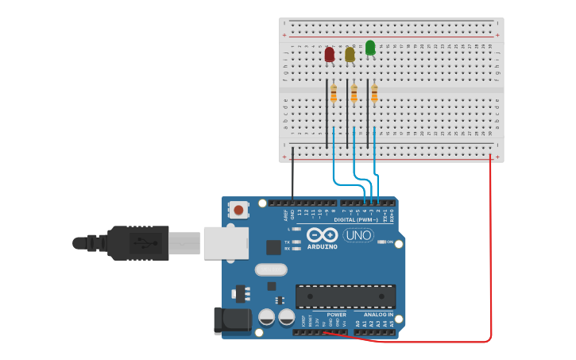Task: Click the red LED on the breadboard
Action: (329, 54)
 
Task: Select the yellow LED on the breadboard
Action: (350, 54)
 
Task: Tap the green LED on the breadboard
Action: (370, 48)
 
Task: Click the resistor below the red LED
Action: (334, 94)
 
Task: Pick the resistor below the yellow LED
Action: (354, 94)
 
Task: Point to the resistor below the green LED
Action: (374, 94)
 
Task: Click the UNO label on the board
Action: (358, 235)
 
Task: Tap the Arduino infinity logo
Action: (322, 235)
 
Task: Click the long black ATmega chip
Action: (346, 296)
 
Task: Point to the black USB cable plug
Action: (139, 242)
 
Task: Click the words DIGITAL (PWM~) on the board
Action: (355, 219)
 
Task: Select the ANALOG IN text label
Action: (378, 315)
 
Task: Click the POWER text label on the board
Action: (335, 315)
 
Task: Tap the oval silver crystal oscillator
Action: (271, 269)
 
